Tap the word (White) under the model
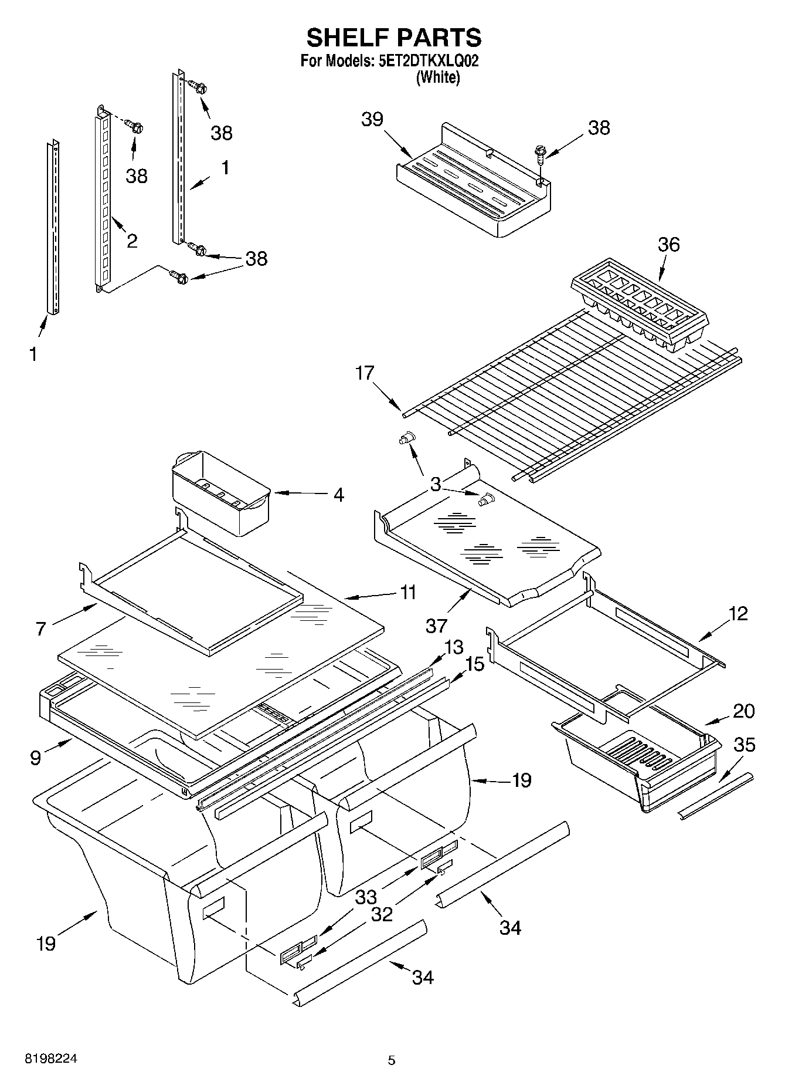tap(437, 77)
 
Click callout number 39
tap(372, 119)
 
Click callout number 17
tap(365, 373)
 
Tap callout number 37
tap(437, 626)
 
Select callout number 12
tap(738, 613)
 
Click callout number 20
tap(743, 711)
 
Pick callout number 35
tap(745, 745)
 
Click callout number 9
tap(36, 758)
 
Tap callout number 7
tap(40, 629)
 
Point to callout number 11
tap(408, 592)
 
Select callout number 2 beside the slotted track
tap(132, 240)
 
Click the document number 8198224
tap(50, 1059)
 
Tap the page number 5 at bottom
tap(392, 1060)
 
